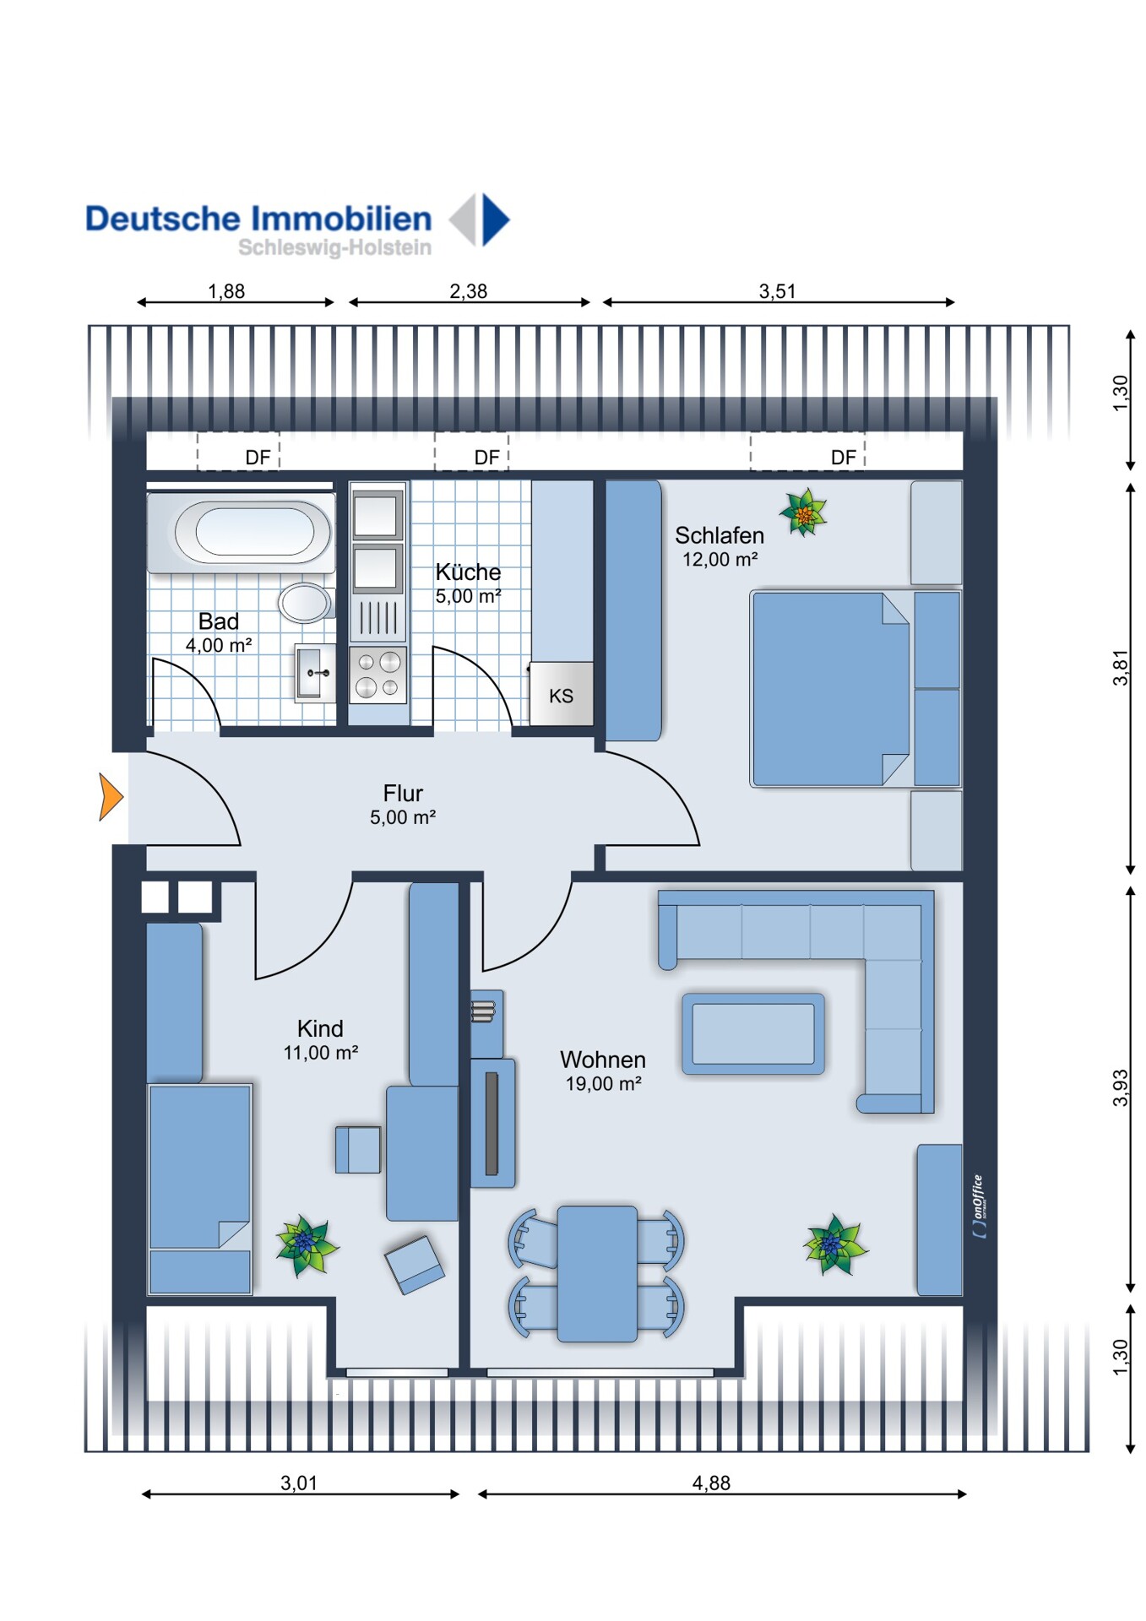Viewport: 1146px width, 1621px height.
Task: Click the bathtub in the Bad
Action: [242, 533]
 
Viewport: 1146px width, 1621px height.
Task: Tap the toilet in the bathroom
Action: [305, 602]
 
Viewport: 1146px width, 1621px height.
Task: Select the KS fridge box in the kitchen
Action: [561, 694]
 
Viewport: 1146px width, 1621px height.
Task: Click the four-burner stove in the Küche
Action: [377, 675]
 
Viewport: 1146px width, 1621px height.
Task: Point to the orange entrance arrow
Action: [111, 797]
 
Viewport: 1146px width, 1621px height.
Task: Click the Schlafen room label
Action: [720, 535]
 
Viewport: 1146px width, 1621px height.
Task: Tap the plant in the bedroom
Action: [803, 512]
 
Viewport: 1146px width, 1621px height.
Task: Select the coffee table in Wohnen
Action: [752, 1033]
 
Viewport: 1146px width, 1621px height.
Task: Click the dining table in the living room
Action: [597, 1273]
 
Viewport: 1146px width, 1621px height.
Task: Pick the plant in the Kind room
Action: [307, 1245]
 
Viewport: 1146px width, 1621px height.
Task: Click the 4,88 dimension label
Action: [711, 1483]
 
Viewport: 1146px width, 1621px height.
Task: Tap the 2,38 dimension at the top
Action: [469, 291]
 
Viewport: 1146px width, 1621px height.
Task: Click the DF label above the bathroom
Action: [258, 458]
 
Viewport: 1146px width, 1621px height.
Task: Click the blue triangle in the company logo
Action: [495, 220]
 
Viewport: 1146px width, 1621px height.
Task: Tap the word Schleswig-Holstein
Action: [334, 248]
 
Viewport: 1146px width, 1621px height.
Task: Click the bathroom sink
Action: [314, 673]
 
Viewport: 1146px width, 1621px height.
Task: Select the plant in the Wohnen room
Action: [834, 1244]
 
